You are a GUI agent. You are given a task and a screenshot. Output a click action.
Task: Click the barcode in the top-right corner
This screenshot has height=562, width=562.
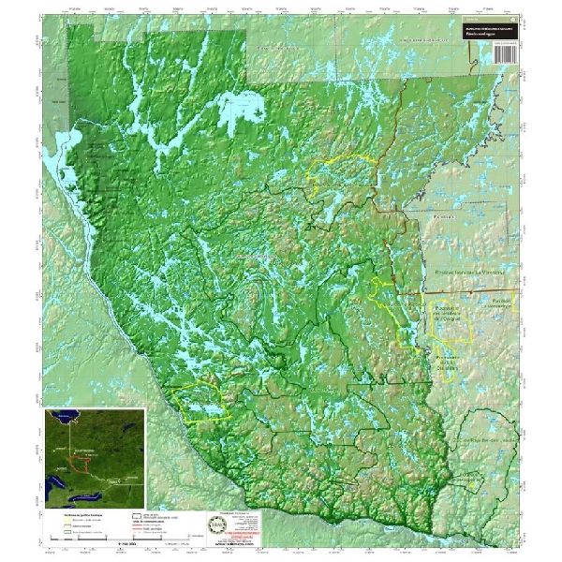(506, 51)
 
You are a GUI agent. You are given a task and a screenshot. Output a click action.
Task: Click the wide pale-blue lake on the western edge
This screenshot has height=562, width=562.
(68, 169)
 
